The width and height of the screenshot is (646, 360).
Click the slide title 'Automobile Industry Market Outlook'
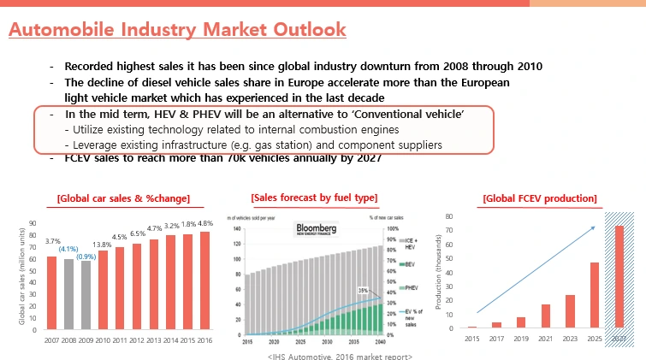tap(177, 30)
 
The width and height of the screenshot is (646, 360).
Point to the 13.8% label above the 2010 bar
tap(103, 245)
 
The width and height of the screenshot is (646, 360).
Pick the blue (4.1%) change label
tap(68, 250)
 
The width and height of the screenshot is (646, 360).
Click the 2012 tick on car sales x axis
tap(135, 340)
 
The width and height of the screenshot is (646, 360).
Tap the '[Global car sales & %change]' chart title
tap(123, 199)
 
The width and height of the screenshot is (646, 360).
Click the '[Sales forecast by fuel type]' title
tap(314, 198)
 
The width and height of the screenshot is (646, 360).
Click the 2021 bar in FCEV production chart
tap(545, 316)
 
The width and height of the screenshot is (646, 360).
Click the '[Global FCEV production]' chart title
tap(539, 198)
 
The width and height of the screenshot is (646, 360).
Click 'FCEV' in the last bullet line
tap(82, 157)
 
